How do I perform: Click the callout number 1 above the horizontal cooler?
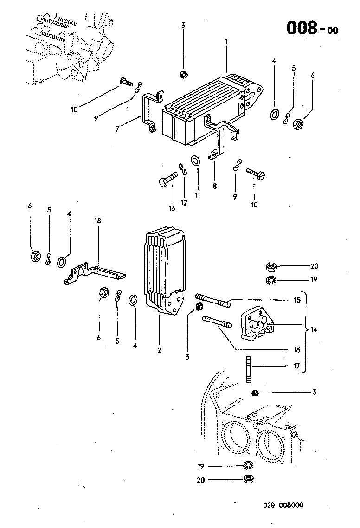point(226,42)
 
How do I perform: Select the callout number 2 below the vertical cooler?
point(159,350)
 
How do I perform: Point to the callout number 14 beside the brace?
point(314,329)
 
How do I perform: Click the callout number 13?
point(172,208)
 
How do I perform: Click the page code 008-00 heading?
point(312,28)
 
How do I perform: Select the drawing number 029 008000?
point(283,505)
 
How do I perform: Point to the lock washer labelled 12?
point(183,169)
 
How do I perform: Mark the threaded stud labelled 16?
point(217,322)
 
